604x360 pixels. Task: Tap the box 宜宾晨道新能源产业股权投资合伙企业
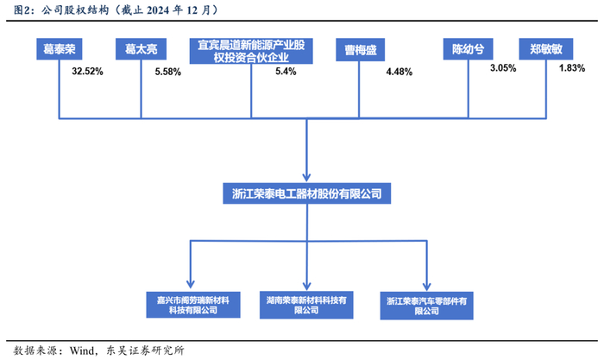click(252, 50)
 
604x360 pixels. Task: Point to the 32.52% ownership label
click(87, 73)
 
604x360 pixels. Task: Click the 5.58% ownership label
click(167, 73)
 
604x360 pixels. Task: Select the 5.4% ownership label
click(286, 72)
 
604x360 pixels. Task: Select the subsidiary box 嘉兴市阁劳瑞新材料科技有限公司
click(188, 304)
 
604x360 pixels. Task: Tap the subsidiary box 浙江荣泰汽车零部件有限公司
click(426, 305)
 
